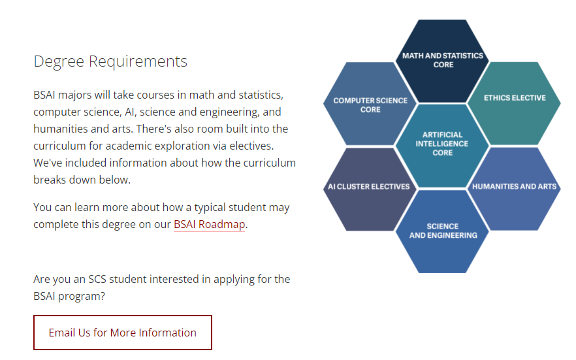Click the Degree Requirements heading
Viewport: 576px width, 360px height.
pyautogui.click(x=110, y=61)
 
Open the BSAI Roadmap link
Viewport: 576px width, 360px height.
pyautogui.click(x=209, y=224)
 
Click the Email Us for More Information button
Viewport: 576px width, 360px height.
pyautogui.click(x=123, y=333)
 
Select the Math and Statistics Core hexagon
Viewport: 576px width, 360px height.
pyautogui.click(x=442, y=61)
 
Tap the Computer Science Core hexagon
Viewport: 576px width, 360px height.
pyautogui.click(x=370, y=104)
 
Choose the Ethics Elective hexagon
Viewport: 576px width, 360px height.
pyautogui.click(x=515, y=104)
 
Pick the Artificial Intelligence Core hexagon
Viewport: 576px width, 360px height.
pyautogui.click(x=442, y=146)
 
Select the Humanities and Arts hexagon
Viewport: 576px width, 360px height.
pyautogui.click(x=515, y=189)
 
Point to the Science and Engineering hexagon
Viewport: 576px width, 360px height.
pyautogui.click(x=442, y=231)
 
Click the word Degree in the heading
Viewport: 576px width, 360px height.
pyautogui.click(x=59, y=61)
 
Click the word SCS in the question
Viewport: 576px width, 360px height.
pyautogui.click(x=97, y=279)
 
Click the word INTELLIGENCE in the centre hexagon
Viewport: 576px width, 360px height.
pyautogui.click(x=442, y=144)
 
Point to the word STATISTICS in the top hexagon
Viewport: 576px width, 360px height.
pyautogui.click(x=463, y=56)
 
